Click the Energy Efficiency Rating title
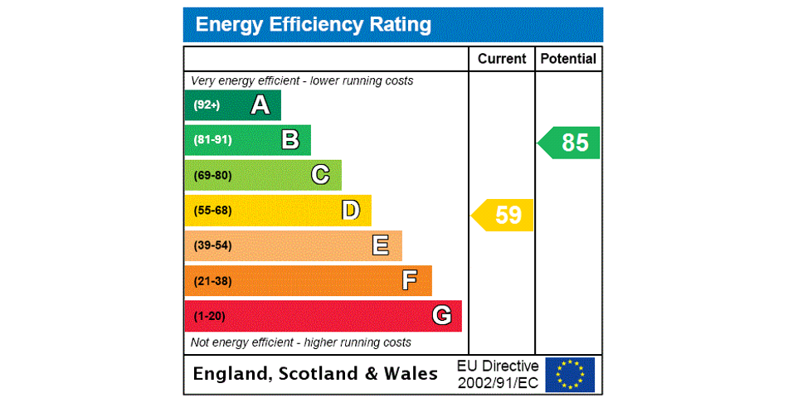point(313,25)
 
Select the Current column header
point(502,59)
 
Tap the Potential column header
point(568,59)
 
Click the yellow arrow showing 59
point(504,215)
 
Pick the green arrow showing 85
point(571,143)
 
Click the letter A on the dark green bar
point(260,105)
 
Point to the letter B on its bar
point(290,140)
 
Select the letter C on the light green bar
point(320,175)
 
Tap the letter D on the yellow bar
point(351,211)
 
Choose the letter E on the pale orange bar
point(381,245)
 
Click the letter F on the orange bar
point(410,280)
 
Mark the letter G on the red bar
point(441,316)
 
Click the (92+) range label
point(207,105)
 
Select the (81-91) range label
point(212,140)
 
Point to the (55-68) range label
point(212,211)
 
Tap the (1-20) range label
point(209,316)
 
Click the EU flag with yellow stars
point(570,374)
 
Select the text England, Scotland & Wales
point(315,374)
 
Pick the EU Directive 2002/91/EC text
point(498,374)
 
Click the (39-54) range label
point(212,245)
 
